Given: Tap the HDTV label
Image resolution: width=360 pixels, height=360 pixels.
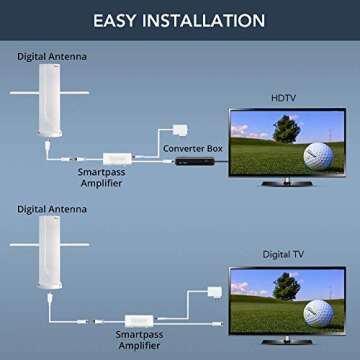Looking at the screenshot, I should [282, 97].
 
